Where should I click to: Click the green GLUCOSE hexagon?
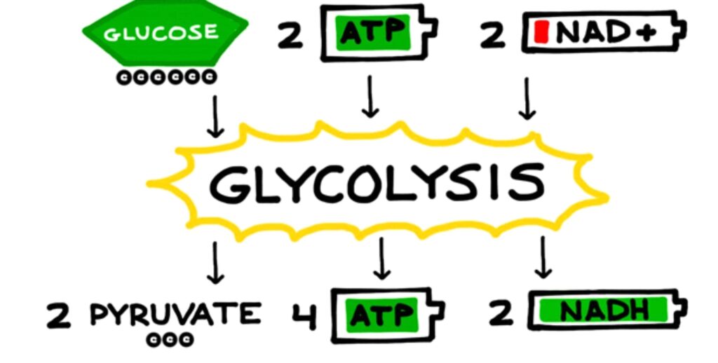[x=165, y=32]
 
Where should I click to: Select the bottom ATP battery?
[x=386, y=315]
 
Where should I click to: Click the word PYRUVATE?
[x=175, y=315]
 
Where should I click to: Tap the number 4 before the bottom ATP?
[x=304, y=315]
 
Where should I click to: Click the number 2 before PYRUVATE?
[x=59, y=315]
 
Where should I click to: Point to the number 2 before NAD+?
[x=493, y=35]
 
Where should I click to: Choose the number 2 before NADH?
[x=501, y=314]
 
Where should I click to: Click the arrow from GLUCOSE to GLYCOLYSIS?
[x=216, y=116]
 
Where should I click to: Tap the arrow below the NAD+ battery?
[x=527, y=98]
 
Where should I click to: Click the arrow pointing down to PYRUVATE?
[x=216, y=262]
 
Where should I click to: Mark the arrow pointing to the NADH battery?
[x=543, y=258]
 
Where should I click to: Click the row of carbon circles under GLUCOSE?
[x=166, y=77]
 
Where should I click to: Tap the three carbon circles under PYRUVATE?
[x=170, y=341]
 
